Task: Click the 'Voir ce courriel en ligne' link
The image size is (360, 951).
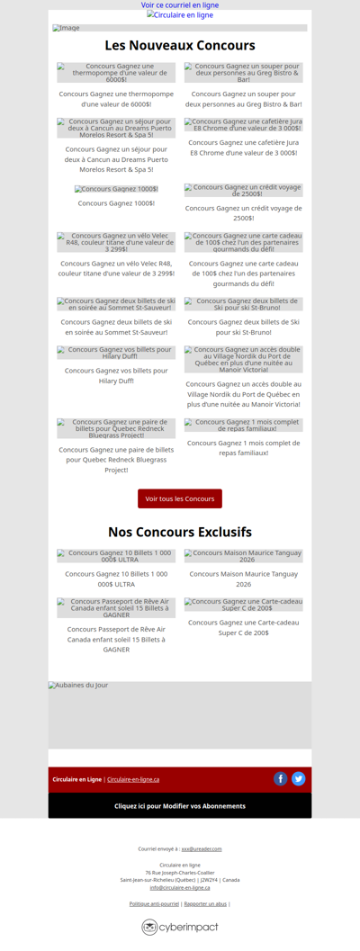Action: (x=180, y=5)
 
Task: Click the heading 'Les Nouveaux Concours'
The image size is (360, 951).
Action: (x=180, y=45)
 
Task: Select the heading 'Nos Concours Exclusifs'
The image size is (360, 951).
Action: (x=180, y=532)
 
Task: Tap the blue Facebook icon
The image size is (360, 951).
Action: (x=281, y=779)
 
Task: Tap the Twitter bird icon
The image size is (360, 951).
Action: (x=299, y=779)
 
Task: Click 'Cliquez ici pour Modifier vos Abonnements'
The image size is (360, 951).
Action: (x=180, y=806)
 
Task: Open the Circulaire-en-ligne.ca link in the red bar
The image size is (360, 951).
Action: (x=133, y=779)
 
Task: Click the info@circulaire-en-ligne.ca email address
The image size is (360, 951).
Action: (x=180, y=887)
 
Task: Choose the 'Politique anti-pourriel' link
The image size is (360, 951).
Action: (x=154, y=903)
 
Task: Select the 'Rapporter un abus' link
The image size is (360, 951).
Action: (x=205, y=903)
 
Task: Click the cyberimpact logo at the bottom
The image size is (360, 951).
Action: (x=180, y=927)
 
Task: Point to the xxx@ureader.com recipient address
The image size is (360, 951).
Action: (x=202, y=848)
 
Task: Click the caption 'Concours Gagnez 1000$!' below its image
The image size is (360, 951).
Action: (x=116, y=203)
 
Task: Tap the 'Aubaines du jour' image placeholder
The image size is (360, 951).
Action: (x=180, y=715)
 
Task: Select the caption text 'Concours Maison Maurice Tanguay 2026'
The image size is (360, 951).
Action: (x=244, y=579)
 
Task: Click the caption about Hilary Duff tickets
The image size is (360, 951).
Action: (x=116, y=375)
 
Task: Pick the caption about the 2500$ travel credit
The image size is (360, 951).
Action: (x=244, y=213)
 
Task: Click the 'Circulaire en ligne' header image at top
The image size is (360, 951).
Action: (x=180, y=15)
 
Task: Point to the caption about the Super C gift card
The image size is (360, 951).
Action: (x=244, y=627)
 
